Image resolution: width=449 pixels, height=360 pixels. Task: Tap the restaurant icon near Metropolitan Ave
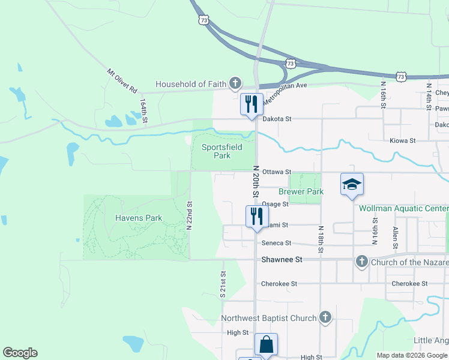[252, 104]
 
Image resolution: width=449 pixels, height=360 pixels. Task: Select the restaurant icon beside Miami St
[256, 216]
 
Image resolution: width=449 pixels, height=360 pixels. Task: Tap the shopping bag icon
[266, 344]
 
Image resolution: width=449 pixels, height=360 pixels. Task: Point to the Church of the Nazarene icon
[361, 262]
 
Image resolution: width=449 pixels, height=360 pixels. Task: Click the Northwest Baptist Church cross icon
[325, 317]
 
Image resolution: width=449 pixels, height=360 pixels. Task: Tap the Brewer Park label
[301, 192]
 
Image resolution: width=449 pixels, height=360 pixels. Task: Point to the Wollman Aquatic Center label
[403, 208]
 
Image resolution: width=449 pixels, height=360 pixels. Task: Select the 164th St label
[143, 112]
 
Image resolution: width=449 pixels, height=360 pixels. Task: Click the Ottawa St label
[276, 172]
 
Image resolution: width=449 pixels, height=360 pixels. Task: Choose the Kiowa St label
[403, 140]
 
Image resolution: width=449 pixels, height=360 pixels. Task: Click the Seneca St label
[276, 243]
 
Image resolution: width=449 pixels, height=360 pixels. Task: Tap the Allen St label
[396, 238]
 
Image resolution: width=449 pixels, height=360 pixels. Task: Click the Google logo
[20, 353]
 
